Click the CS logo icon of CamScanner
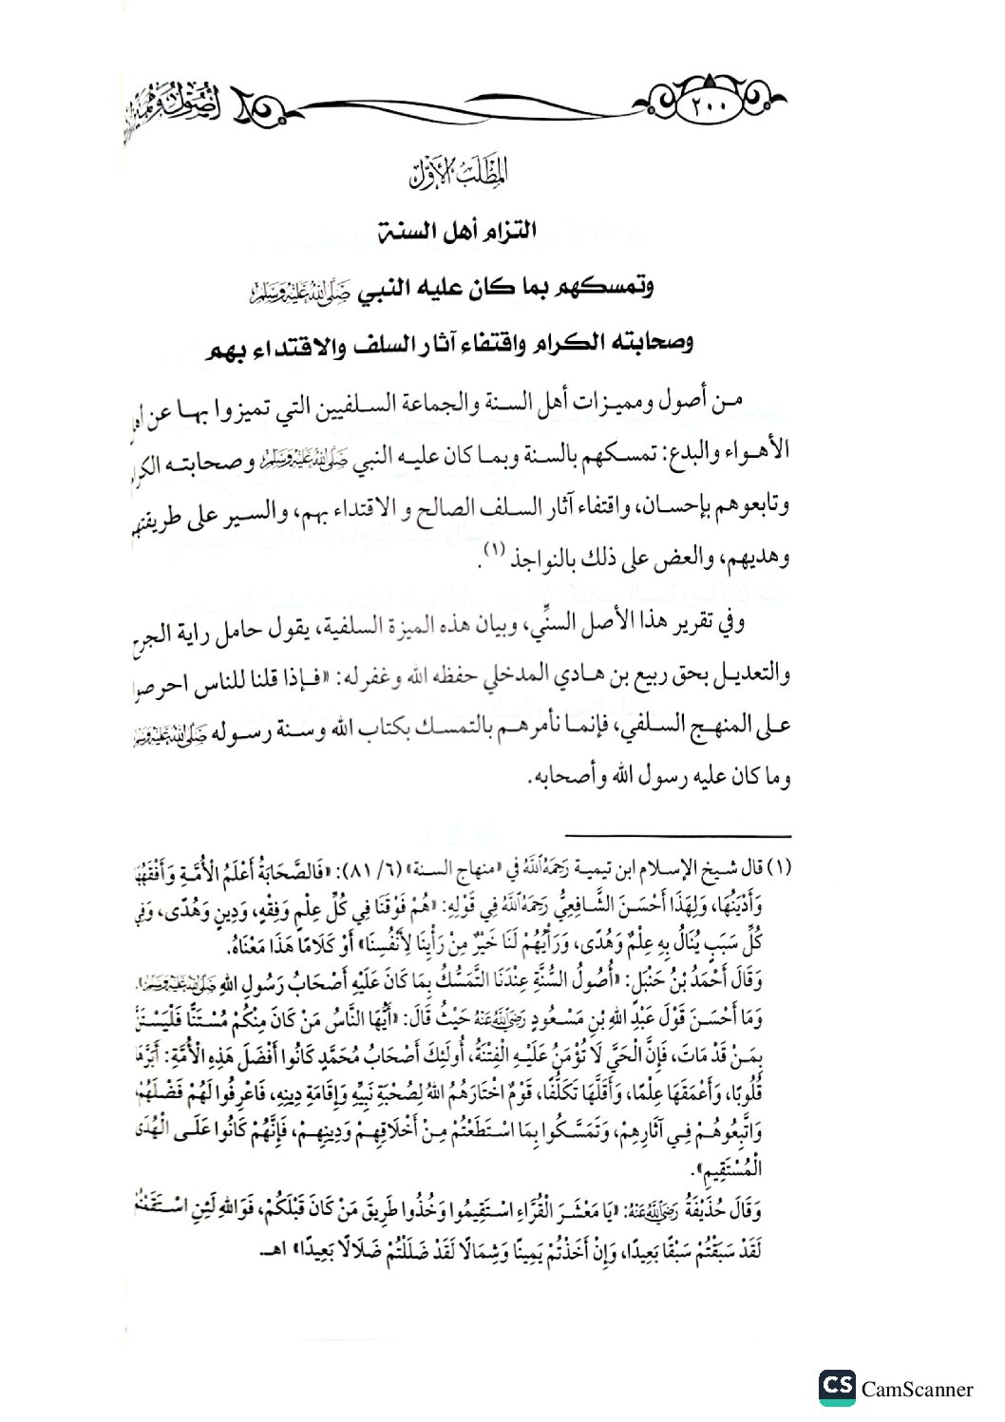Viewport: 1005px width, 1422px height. point(836,1388)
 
